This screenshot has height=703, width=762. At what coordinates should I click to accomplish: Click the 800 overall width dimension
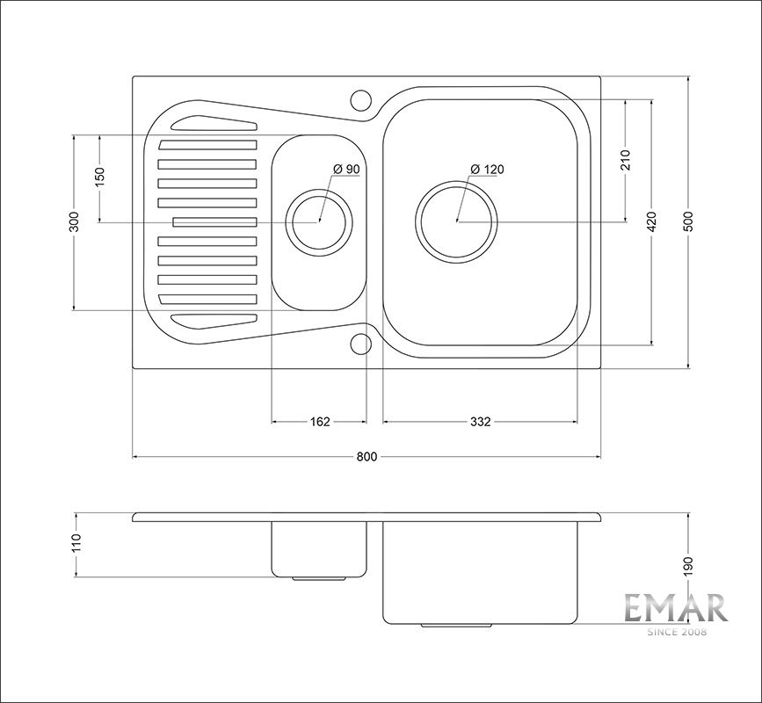[x=366, y=457]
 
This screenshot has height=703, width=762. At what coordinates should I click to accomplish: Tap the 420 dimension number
[x=652, y=221]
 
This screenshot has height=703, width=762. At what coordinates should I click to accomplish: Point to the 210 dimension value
[x=626, y=160]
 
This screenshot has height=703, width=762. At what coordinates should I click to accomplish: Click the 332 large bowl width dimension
[x=481, y=422]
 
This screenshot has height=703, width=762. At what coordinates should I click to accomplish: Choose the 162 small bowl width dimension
[x=320, y=422]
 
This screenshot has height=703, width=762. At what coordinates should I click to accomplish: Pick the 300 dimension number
[x=74, y=222]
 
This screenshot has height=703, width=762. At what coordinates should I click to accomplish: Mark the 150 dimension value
[x=99, y=178]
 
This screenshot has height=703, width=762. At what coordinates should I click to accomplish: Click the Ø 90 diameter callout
[x=346, y=170]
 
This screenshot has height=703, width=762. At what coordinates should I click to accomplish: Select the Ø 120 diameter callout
[x=488, y=170]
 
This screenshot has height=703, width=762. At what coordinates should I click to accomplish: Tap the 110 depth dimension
[x=76, y=544]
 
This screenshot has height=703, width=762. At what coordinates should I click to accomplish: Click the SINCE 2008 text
[x=676, y=632]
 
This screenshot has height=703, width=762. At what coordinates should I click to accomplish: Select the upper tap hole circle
[x=361, y=100]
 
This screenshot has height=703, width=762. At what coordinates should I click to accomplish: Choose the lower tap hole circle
[x=361, y=344]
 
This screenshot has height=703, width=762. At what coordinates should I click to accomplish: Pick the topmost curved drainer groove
[x=214, y=123]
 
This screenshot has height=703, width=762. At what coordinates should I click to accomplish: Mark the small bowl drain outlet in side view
[x=319, y=578]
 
